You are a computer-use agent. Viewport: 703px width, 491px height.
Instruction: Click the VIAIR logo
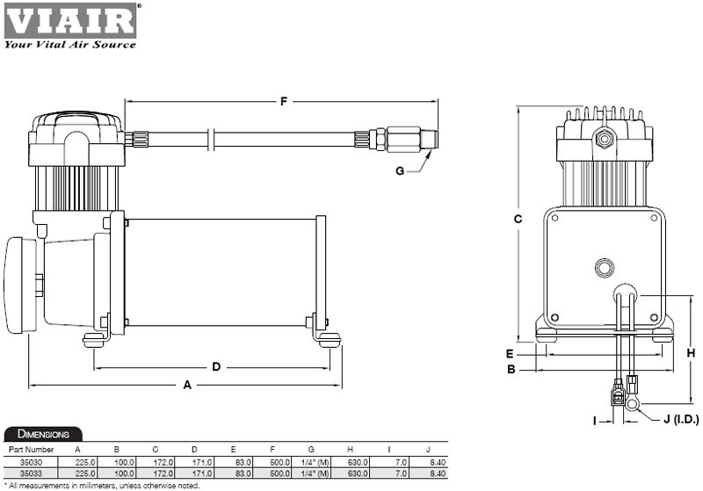pos(70,19)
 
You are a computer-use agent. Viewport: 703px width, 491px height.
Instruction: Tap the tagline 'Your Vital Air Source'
pos(70,44)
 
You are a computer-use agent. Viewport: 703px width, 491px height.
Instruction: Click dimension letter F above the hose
pos(283,102)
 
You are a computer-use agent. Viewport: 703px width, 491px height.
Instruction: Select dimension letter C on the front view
pos(518,218)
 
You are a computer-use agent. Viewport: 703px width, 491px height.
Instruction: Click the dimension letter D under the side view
pos(215,366)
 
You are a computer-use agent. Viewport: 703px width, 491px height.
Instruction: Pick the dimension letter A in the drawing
pos(185,385)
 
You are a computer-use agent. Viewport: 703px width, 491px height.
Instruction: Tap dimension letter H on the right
pos(691,353)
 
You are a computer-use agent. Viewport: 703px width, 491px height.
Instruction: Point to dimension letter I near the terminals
pos(594,422)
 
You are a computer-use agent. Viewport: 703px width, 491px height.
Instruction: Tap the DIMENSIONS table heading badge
pos(44,434)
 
